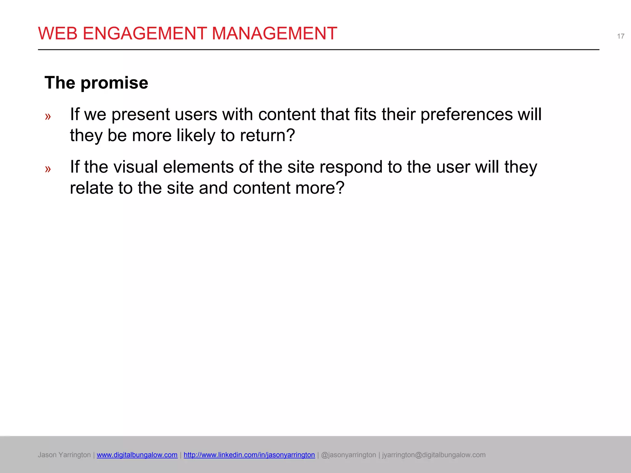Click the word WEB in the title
click(58, 33)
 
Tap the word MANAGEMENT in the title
click(274, 33)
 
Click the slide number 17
click(621, 36)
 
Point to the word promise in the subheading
click(114, 83)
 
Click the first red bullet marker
click(48, 116)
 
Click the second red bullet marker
click(48, 169)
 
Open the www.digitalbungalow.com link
click(137, 455)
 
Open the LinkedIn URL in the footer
click(249, 455)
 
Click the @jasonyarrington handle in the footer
click(348, 455)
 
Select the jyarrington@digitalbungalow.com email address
click(434, 455)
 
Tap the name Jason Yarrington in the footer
click(64, 455)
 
